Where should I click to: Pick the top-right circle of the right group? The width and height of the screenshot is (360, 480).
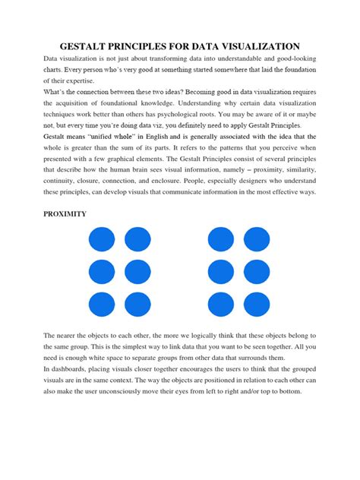[x=257, y=239]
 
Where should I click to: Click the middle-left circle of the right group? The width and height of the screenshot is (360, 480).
[x=221, y=272]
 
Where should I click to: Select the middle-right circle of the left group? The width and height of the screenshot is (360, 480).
[x=137, y=272]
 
